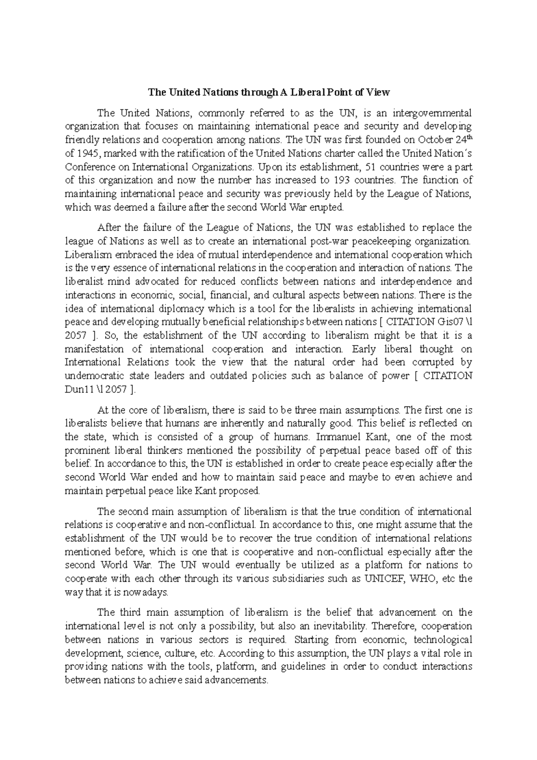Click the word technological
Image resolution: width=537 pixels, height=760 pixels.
(x=443, y=639)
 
